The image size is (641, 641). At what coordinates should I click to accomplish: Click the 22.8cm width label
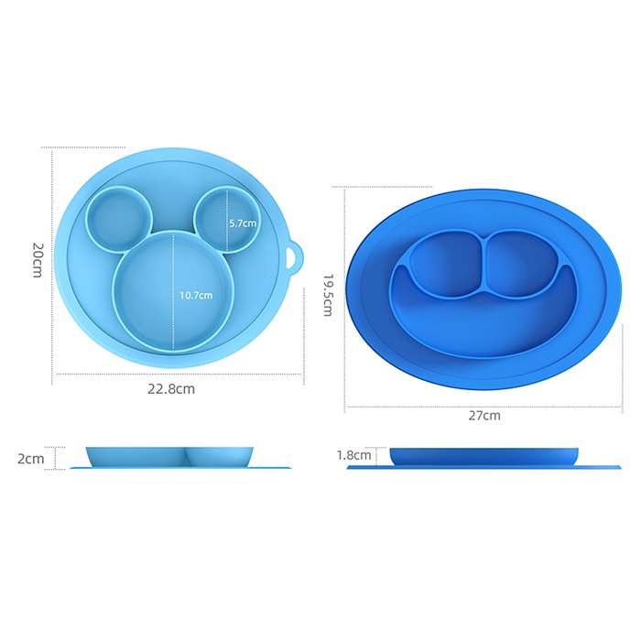coord(171,388)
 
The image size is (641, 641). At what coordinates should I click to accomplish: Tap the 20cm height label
coord(38,260)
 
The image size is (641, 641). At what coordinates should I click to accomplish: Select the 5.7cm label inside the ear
coord(243,223)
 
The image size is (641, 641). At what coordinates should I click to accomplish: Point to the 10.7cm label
coord(196,295)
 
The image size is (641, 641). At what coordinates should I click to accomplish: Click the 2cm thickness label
coord(30,459)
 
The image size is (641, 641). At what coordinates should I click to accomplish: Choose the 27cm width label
coord(484,416)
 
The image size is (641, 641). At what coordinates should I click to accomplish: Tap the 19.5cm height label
coord(328,295)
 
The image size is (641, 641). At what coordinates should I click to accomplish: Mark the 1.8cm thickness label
coord(354,455)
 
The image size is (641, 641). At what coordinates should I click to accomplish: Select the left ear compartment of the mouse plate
coord(119,219)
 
